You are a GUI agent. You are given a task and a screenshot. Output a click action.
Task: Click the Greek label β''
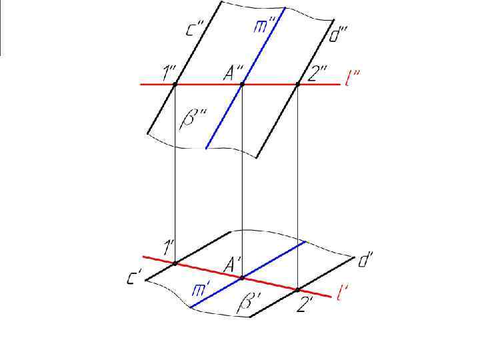point(193,121)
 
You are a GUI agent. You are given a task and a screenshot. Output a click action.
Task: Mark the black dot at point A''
point(242,85)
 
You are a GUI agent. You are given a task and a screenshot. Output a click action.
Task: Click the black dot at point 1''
point(175,85)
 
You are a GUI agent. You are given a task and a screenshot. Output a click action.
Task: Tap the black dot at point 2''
point(298,85)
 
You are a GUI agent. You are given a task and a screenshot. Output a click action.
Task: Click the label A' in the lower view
point(233,263)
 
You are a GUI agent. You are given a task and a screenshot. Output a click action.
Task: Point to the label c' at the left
point(134,279)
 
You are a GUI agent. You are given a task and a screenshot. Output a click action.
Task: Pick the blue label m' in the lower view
point(201,289)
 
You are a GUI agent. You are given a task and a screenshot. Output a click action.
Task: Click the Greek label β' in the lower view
point(247,304)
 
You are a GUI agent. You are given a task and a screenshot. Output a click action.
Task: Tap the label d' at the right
point(365,261)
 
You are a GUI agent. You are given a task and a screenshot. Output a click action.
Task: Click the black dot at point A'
point(242,277)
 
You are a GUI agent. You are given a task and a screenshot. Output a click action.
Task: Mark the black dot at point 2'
point(298,289)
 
